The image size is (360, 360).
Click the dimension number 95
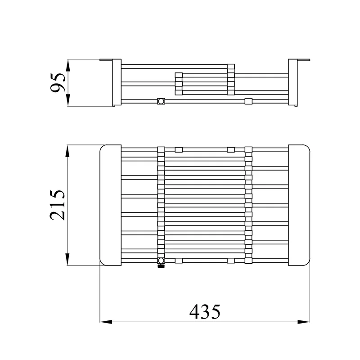(58, 83)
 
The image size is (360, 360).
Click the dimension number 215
(58, 205)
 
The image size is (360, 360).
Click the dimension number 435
(205, 312)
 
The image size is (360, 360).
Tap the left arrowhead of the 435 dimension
(106, 322)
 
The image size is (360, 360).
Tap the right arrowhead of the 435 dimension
(303, 322)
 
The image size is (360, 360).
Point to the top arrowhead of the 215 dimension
(67, 151)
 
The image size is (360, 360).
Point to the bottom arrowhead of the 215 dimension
(67, 260)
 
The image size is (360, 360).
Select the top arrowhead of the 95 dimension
(68, 65)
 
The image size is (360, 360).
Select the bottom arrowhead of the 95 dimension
(68, 100)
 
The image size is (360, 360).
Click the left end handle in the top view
(110, 205)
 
